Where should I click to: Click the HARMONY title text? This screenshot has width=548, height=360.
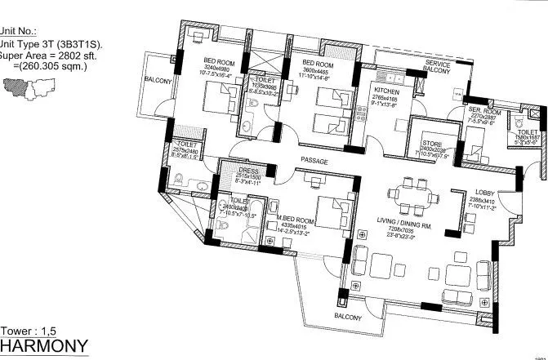click(44, 347)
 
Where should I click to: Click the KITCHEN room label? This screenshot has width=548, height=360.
click(386, 91)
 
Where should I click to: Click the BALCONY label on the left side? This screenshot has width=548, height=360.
click(158, 81)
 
